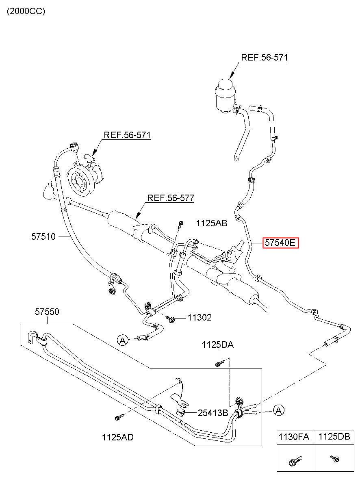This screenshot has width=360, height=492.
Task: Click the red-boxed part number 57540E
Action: tap(280, 243)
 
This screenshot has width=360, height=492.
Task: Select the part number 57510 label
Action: tap(43, 236)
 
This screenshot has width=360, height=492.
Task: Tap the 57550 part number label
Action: tap(47, 312)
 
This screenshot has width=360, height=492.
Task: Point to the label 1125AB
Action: tap(212, 223)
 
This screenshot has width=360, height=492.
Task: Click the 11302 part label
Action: tap(200, 318)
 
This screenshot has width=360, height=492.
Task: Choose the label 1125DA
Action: tap(217, 345)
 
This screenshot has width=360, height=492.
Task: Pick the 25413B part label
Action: tap(213, 413)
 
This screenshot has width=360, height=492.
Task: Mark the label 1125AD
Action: tap(118, 437)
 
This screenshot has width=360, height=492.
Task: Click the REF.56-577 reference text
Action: tap(171, 198)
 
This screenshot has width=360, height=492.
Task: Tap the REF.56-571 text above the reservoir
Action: tap(265, 57)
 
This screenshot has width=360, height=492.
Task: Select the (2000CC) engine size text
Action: tap(26, 11)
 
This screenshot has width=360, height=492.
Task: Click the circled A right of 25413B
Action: tap(279, 410)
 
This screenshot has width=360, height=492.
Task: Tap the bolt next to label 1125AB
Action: tap(180, 225)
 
